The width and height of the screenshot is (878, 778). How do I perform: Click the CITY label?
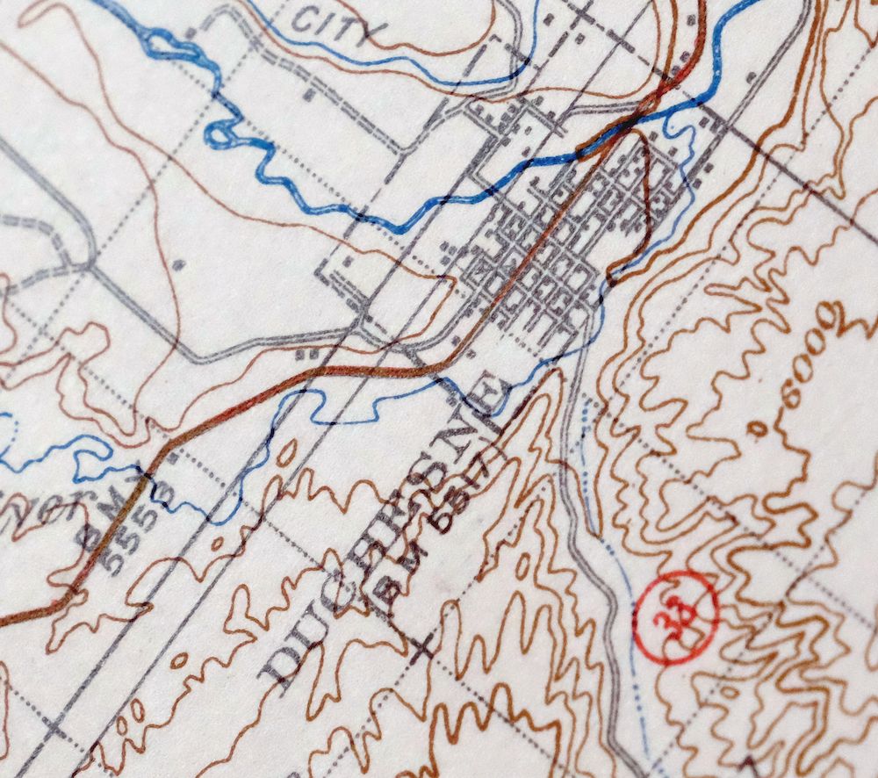tap(337, 24)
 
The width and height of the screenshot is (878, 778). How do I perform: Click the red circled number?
tap(677, 614)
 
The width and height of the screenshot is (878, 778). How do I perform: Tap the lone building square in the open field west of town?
tap(178, 263)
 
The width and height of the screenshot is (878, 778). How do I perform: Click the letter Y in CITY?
tap(374, 34)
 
